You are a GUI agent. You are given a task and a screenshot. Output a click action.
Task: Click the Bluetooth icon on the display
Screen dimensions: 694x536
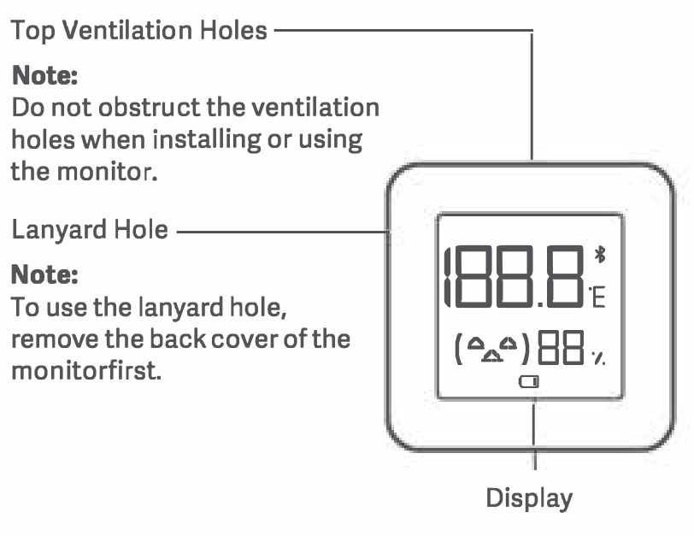pos(600,256)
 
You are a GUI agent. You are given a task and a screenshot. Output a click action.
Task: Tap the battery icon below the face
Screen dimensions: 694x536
pos(529,381)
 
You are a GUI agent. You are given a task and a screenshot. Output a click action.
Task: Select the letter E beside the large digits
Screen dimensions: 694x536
pos(598,297)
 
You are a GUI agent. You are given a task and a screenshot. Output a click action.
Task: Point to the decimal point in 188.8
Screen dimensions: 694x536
pos(541,304)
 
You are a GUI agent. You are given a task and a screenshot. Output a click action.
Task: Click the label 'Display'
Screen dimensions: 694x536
pos(529,498)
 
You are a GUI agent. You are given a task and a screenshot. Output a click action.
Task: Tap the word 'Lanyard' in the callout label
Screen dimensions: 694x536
pos(59,230)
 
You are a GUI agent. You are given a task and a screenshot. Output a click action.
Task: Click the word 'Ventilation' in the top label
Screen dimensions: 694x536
pos(127,31)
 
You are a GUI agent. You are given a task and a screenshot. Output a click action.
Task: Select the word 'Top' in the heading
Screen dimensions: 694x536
pos(32,31)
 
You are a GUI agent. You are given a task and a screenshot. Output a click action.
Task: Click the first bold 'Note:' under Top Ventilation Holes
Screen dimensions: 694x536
pos(44,75)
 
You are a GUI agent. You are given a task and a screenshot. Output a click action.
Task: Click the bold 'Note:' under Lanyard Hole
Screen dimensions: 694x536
pos(44,274)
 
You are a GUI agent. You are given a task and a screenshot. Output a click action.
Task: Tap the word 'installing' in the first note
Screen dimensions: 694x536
pos(207,140)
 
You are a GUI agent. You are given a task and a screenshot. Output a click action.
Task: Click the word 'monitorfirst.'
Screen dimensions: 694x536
pos(86,370)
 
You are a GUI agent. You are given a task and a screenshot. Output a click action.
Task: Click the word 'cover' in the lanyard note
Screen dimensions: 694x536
pos(244,340)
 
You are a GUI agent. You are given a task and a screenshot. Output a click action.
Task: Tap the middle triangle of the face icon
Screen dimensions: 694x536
pos(492,356)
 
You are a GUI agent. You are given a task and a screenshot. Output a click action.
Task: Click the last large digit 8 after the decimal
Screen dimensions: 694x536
pos(565,276)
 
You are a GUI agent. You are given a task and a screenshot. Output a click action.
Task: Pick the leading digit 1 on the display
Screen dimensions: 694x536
pos(448,276)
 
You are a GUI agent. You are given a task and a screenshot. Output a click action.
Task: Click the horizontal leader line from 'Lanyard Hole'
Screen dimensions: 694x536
pos(283,231)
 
